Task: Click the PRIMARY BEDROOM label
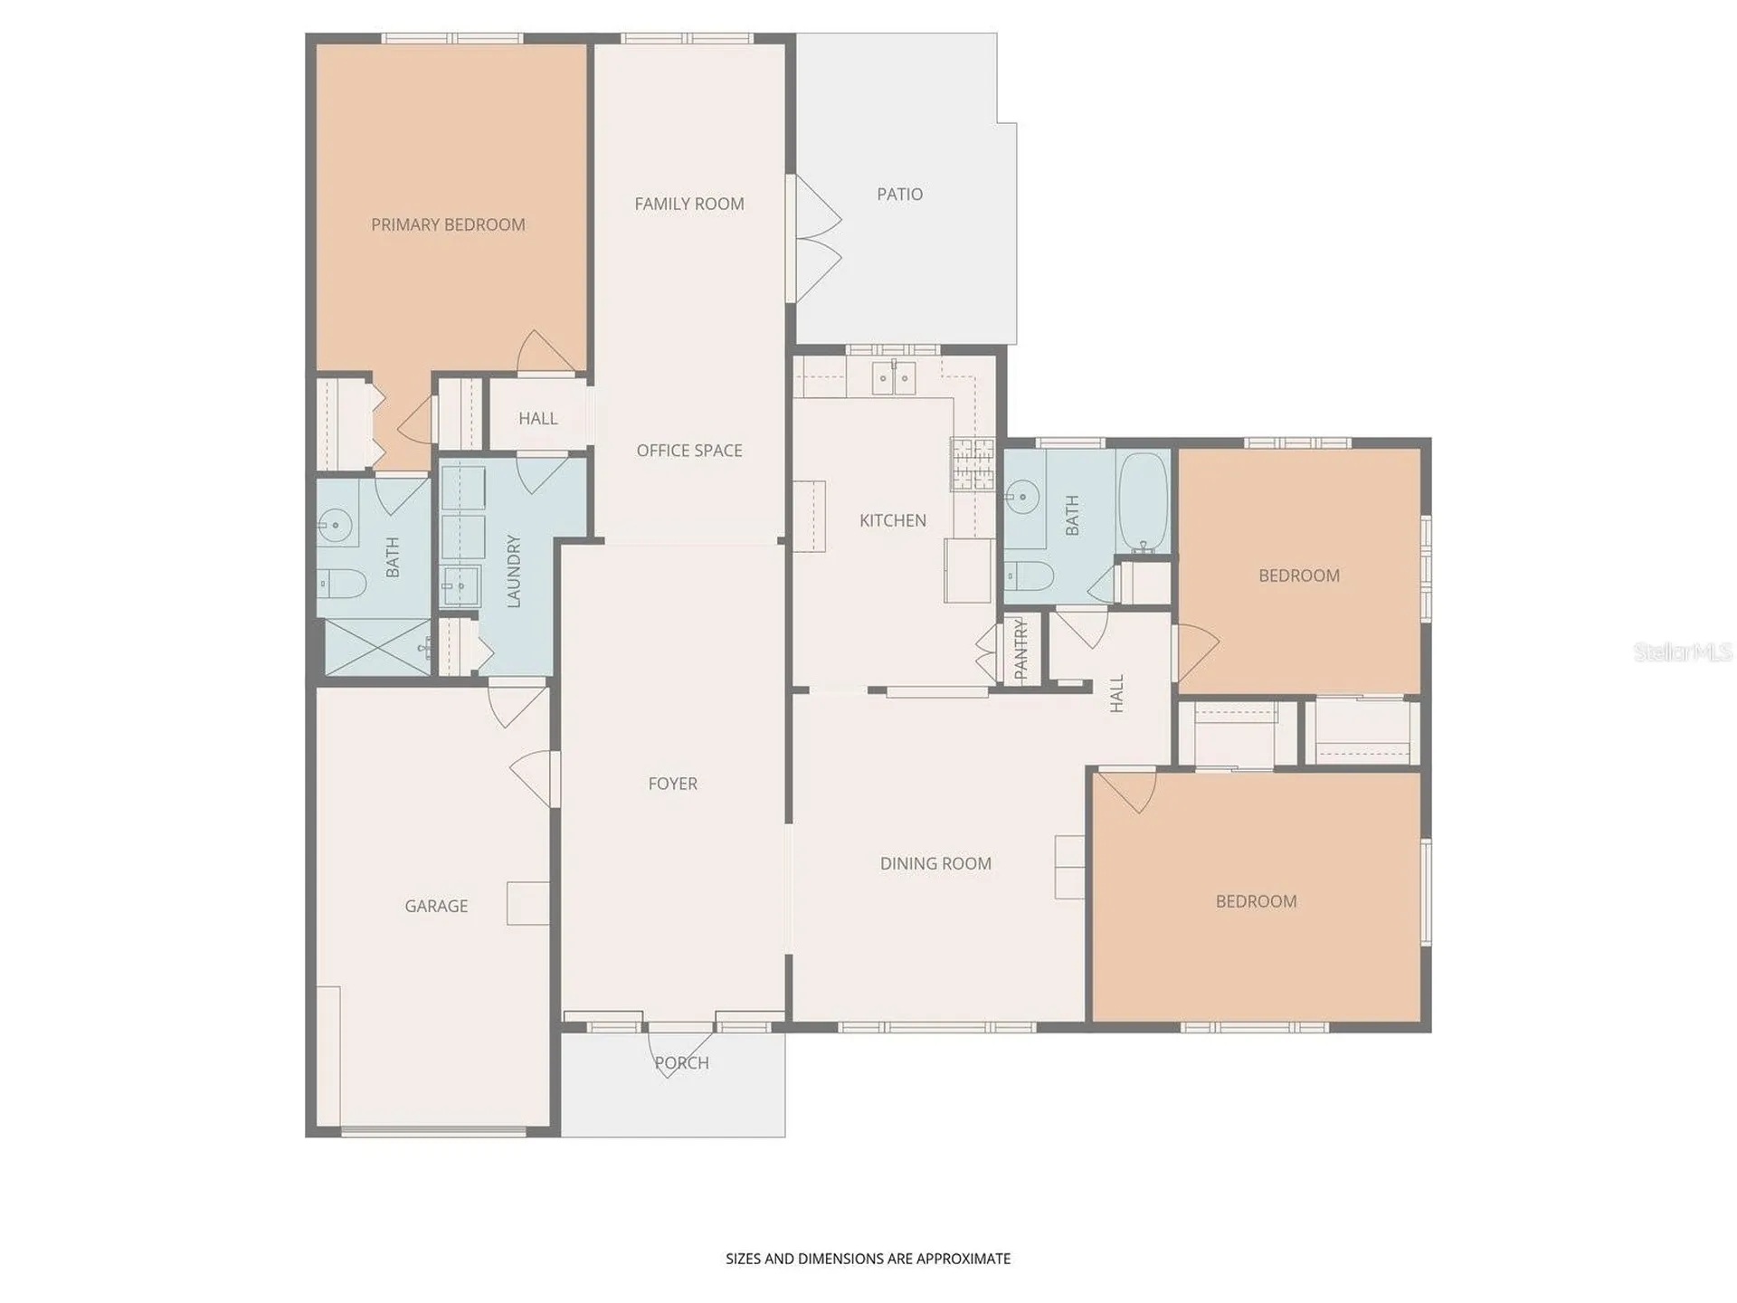pos(448,224)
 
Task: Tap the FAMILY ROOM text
pos(689,204)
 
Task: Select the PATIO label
pos(900,194)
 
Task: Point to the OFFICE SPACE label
pos(689,451)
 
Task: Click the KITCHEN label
pos(893,520)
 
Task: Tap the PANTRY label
pos(1021,650)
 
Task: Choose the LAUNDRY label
pos(514,571)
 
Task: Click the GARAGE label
pos(436,906)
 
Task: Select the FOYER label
pos(672,784)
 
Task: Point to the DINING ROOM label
pos(935,863)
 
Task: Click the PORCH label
pos(681,1063)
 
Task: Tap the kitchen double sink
pos(894,378)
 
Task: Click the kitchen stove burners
pos(973,463)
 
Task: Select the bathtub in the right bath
pos(1144,502)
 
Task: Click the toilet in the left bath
pos(342,584)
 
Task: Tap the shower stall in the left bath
pos(378,647)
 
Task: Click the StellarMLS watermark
pos(1683,651)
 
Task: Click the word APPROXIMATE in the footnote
pos(963,1259)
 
